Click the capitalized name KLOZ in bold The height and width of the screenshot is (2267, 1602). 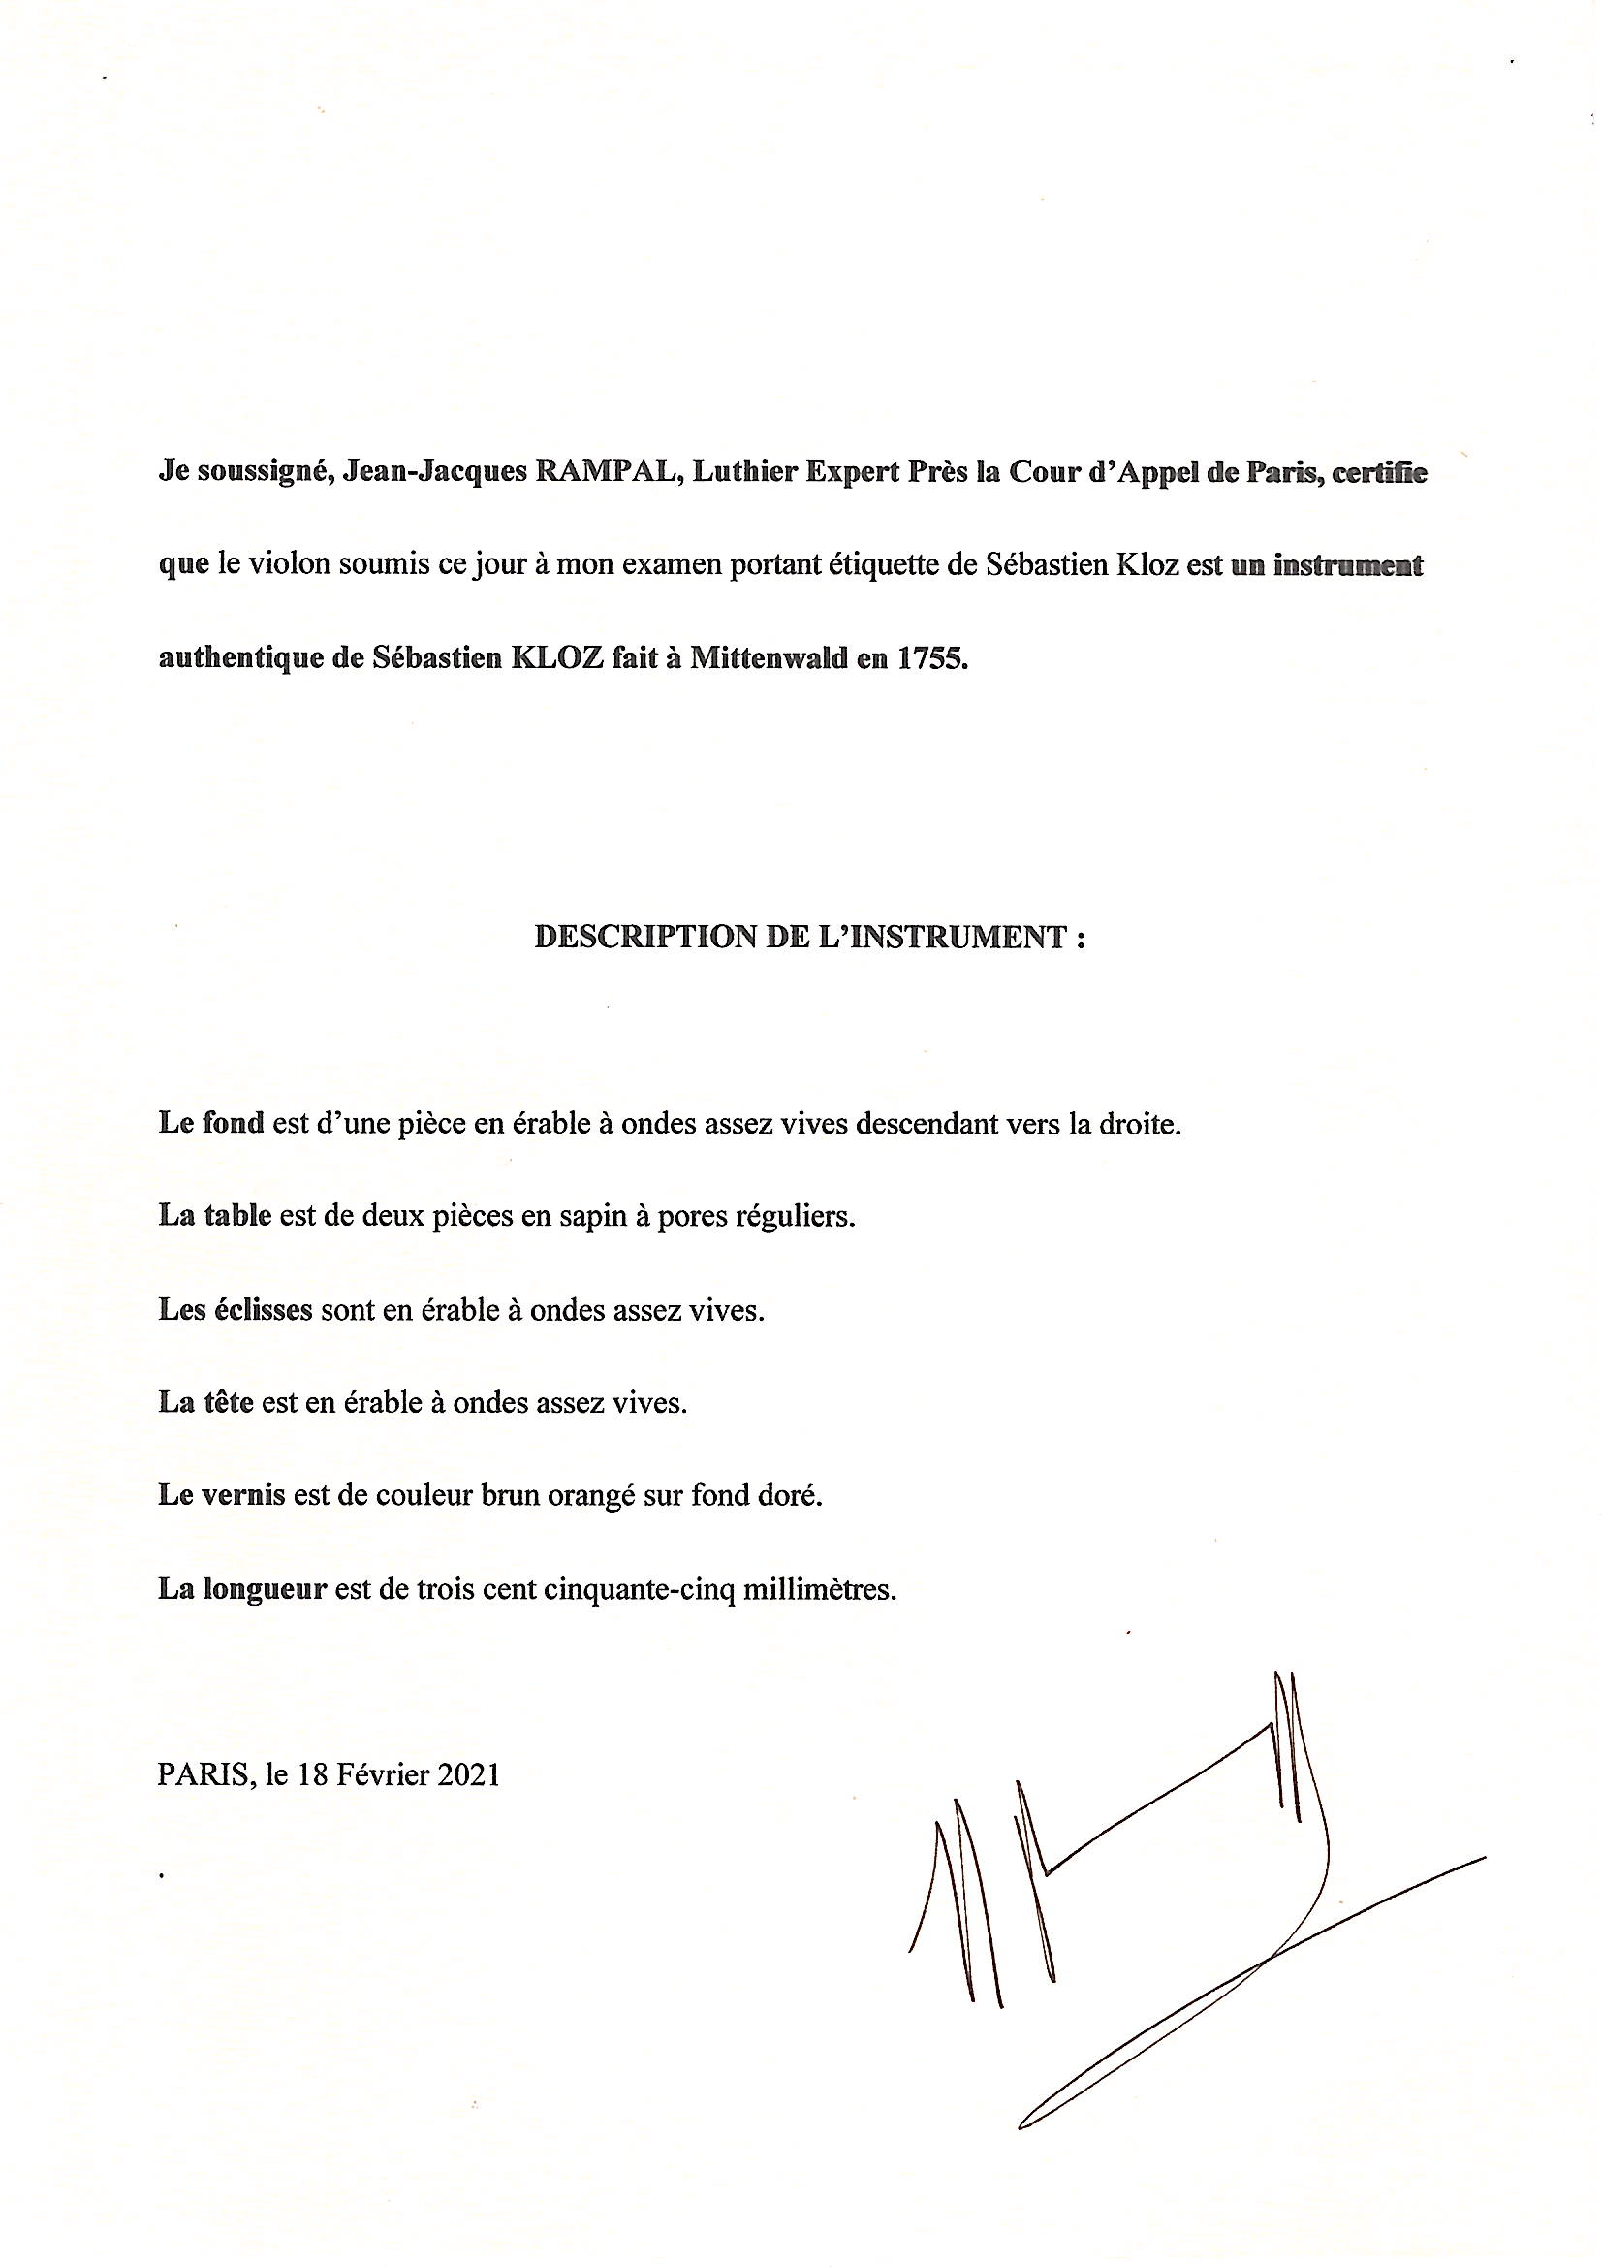(554, 658)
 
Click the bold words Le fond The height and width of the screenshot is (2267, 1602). (211, 1124)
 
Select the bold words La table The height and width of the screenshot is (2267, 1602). (214, 1216)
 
